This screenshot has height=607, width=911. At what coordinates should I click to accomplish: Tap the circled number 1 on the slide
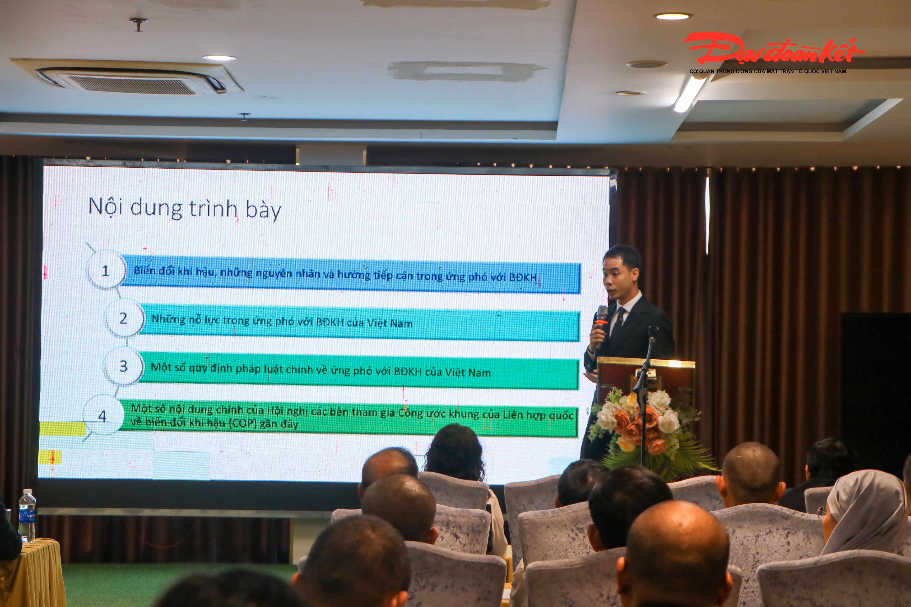coord(106,270)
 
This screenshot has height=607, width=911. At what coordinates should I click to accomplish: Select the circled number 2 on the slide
coord(124,318)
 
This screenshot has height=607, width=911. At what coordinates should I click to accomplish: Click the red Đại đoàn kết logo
coord(773,49)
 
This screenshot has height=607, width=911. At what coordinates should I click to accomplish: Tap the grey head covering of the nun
coord(865,511)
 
